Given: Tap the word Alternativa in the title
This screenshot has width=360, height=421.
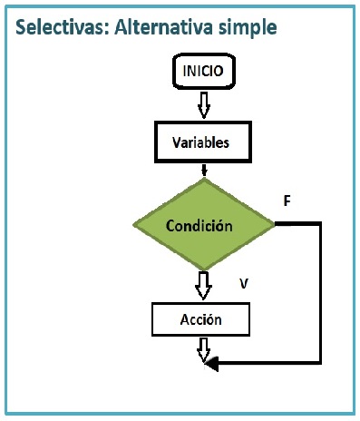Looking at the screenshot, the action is [163, 27].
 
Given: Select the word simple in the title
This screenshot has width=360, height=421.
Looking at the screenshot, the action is [248, 28].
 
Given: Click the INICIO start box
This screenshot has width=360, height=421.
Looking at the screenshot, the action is [204, 72].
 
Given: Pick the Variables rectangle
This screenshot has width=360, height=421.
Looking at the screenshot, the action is [203, 142].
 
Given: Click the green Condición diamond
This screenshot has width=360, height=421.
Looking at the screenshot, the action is [204, 224].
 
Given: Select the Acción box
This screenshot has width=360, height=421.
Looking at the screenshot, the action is [200, 319].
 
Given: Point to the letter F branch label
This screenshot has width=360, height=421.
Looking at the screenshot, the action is [287, 201].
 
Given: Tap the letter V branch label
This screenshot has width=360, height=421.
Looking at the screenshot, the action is [244, 283].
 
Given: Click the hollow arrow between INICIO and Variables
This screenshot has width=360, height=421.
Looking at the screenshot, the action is [204, 105].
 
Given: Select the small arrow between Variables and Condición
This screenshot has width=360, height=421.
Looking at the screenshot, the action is [204, 171].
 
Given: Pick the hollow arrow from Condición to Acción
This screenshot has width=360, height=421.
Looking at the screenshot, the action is [203, 285].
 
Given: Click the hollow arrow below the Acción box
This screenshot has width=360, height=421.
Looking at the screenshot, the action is [204, 350].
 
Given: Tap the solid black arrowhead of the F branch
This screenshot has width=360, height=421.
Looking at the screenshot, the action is [211, 363].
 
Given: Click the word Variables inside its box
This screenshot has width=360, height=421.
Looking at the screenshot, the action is [200, 142].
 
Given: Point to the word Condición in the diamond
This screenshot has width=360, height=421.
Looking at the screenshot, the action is [199, 226].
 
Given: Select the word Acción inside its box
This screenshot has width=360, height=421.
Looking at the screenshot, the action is [200, 319].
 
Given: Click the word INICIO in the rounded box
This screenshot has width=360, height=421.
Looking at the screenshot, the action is [203, 71].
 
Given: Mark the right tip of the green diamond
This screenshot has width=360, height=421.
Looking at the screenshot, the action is [275, 224].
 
